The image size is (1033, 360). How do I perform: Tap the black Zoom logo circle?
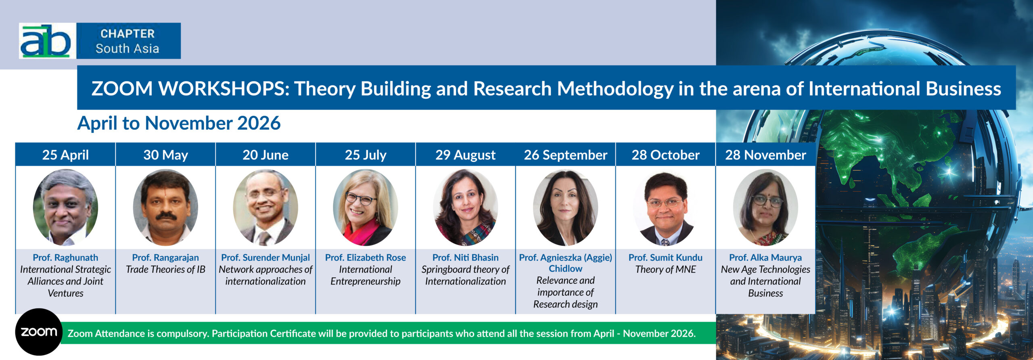pyautogui.click(x=39, y=332)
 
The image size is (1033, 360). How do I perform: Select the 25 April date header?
pyautogui.click(x=65, y=155)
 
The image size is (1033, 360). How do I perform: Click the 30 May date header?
pyautogui.click(x=165, y=155)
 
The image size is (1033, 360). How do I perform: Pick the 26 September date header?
pyautogui.click(x=565, y=155)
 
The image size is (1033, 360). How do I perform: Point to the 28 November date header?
pyautogui.click(x=765, y=155)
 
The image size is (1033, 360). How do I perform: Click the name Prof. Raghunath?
pyautogui.click(x=65, y=257)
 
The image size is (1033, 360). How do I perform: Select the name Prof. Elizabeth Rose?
pyautogui.click(x=366, y=257)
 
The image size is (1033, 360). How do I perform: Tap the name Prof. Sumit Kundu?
pyautogui.click(x=665, y=257)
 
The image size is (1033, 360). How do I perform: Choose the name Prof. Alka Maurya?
pyautogui.click(x=765, y=257)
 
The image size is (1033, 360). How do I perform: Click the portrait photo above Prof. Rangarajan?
pyautogui.click(x=165, y=207)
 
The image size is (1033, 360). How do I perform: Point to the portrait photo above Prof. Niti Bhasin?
pyautogui.click(x=465, y=207)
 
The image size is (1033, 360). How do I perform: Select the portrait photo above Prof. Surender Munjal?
pyautogui.click(x=266, y=207)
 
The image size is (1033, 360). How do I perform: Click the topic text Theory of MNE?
pyautogui.click(x=665, y=270)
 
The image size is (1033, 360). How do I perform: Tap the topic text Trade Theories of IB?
pyautogui.click(x=165, y=270)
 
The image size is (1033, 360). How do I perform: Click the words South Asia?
pyautogui.click(x=127, y=48)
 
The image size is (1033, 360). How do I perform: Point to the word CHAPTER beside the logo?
pyautogui.click(x=128, y=33)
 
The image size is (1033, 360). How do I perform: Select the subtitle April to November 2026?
pyautogui.click(x=179, y=123)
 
